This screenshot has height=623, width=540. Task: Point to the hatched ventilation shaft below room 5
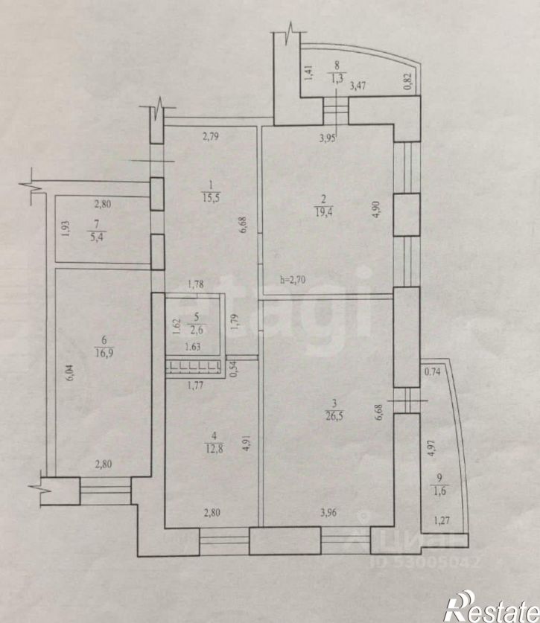pos(193,365)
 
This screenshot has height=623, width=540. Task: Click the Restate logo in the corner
pos(489,606)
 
